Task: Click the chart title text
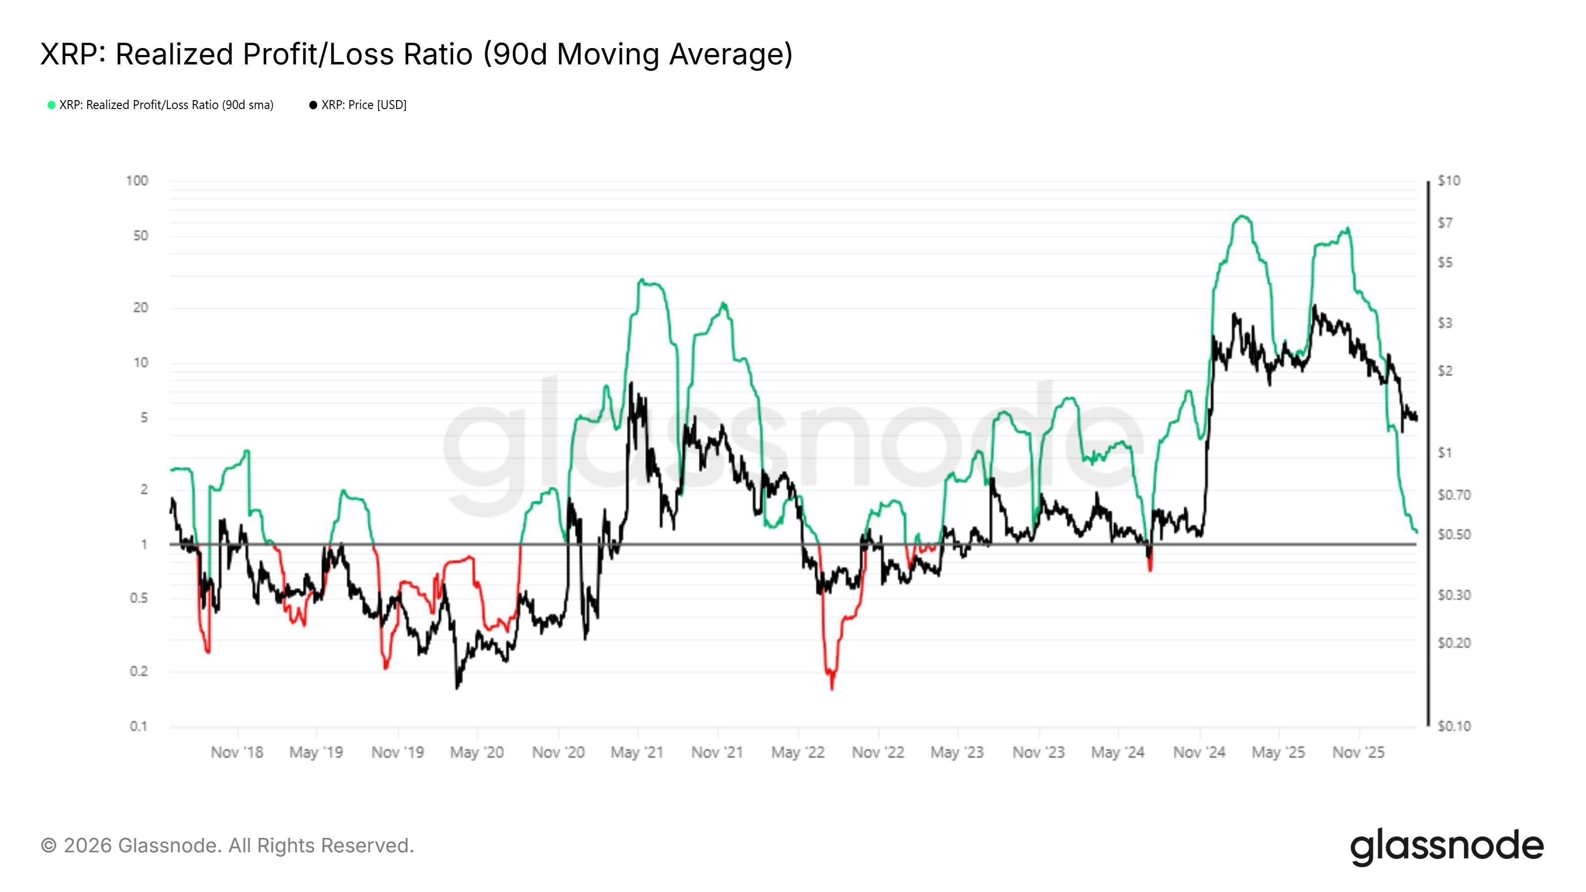[416, 54]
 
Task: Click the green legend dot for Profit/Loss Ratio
[52, 105]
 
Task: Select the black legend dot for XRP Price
[313, 105]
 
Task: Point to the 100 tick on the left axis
[137, 181]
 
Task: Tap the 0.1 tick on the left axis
[139, 726]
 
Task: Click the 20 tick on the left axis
[140, 308]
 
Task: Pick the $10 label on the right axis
[1449, 181]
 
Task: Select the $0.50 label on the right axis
[1454, 534]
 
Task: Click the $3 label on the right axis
[1445, 323]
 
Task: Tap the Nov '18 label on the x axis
[237, 752]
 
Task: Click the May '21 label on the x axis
[637, 752]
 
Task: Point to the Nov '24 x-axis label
[1199, 752]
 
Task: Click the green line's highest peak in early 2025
[1242, 216]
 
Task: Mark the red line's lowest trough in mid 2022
[832, 688]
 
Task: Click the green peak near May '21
[641, 280]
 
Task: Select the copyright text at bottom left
[227, 846]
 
